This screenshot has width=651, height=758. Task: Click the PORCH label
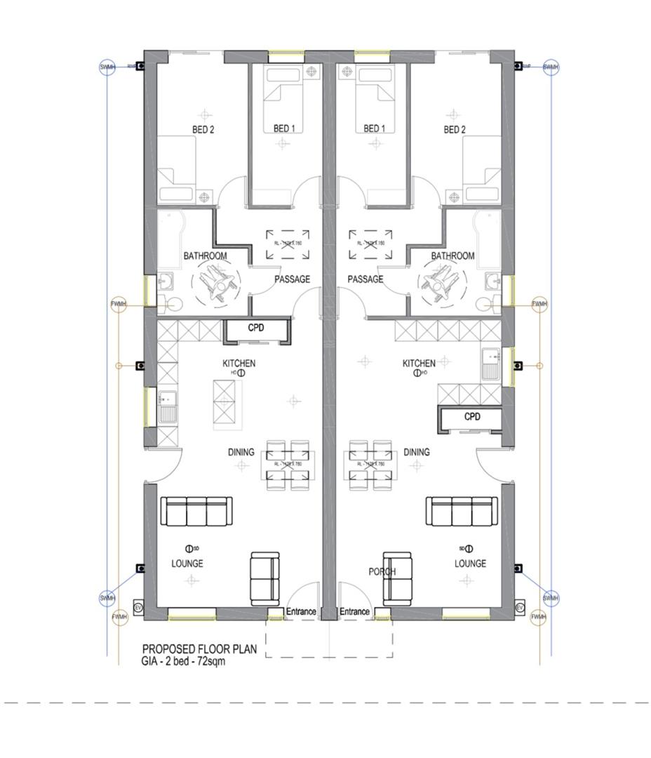382,571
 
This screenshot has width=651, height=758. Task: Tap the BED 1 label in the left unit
283,128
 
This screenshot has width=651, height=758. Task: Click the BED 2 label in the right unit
455,129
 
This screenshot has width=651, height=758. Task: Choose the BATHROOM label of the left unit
205,256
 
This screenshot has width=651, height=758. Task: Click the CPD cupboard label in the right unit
472,416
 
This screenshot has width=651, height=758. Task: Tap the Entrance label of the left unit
301,612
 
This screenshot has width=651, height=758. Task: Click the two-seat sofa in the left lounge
264,578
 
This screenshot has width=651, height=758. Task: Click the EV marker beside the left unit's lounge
138,606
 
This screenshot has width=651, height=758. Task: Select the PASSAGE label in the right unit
365,279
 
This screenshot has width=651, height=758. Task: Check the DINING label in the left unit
241,452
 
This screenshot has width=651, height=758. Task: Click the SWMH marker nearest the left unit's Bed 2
107,67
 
